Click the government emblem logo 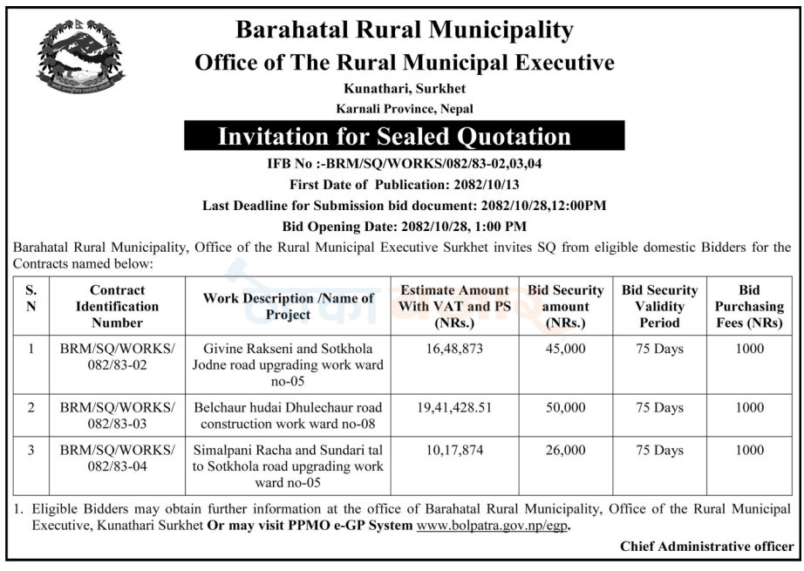click(x=81, y=57)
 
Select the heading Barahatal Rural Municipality click(x=405, y=31)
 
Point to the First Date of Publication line click(x=405, y=185)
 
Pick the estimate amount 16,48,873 click(x=453, y=350)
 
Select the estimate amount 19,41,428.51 click(x=453, y=408)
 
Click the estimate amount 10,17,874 click(x=453, y=451)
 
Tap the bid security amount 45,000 click(x=565, y=350)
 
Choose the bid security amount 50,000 click(x=565, y=408)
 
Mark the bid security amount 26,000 click(x=565, y=451)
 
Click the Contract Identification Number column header click(x=117, y=306)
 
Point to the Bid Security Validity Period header click(x=659, y=306)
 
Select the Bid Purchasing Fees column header click(x=748, y=306)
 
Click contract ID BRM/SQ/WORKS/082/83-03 click(x=117, y=416)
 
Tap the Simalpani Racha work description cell click(x=289, y=466)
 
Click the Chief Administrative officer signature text click(x=706, y=547)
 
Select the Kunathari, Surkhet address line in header click(x=405, y=89)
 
